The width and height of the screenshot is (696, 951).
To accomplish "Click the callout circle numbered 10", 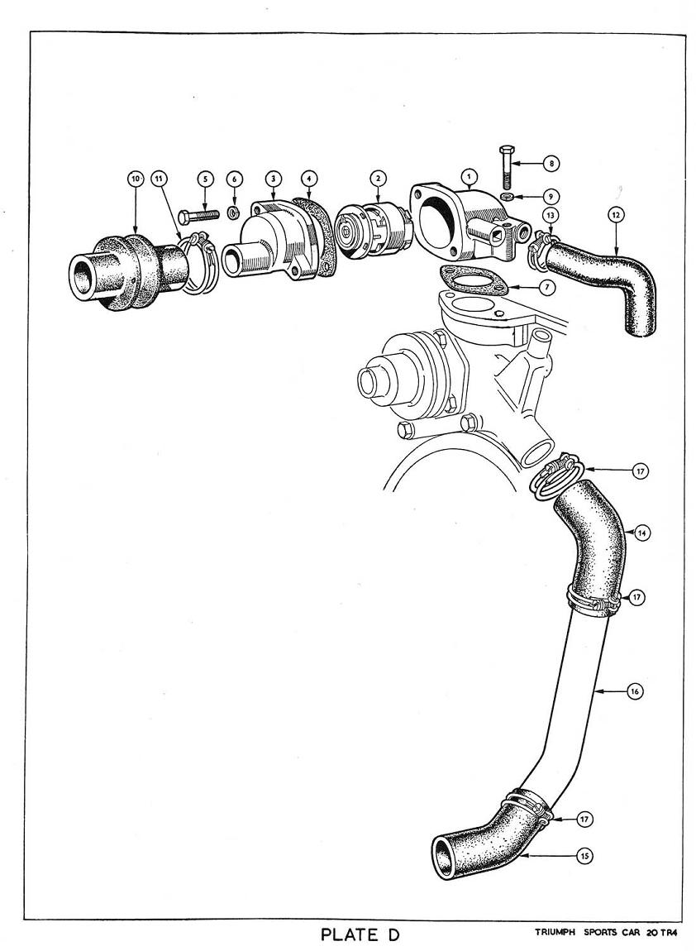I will point(136,178).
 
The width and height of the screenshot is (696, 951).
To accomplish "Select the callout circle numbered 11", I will point(159,178).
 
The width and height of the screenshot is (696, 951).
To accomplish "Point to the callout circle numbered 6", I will point(235,178).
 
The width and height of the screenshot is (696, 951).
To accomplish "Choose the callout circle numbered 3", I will point(272,178).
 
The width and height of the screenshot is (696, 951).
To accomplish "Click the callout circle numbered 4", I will point(308,178).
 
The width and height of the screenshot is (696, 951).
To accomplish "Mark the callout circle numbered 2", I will point(378,178).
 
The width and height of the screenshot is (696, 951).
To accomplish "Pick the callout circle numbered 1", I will point(470,176).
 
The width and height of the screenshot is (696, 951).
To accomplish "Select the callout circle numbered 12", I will point(615,214).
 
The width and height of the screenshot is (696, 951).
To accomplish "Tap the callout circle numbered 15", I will point(585,857).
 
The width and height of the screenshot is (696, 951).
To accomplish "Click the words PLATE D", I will point(360,935).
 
